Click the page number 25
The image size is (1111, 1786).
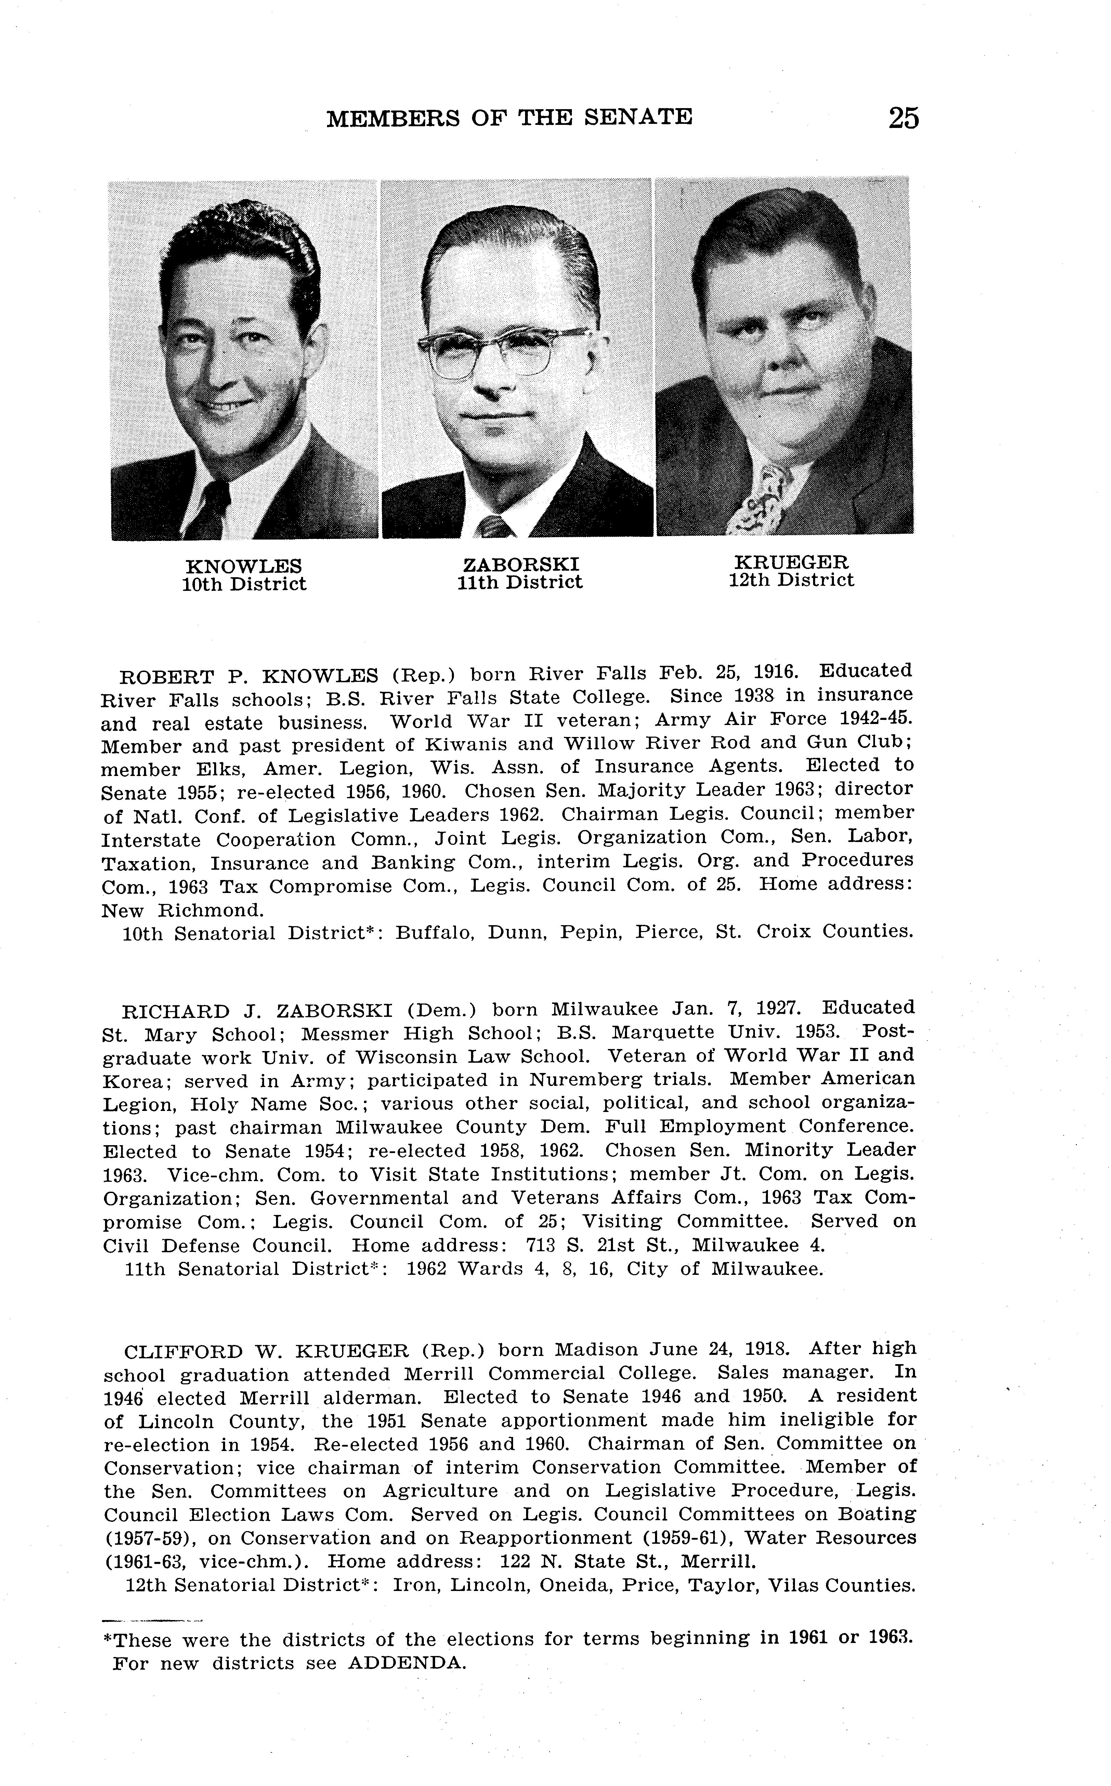pyautogui.click(x=903, y=118)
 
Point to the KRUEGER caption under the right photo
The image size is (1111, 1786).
pyautogui.click(x=792, y=562)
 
